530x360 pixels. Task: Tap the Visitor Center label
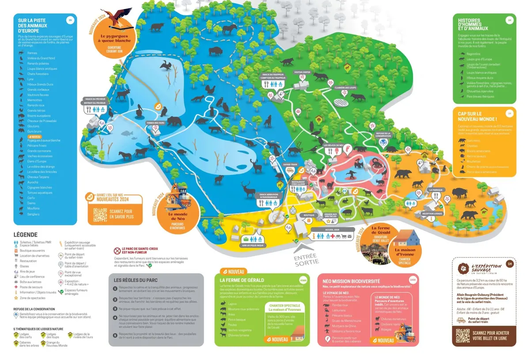[x=303, y=72]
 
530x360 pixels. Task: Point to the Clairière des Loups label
[x=347, y=87]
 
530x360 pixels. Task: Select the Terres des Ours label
[x=156, y=122]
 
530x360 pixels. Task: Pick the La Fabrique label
[x=435, y=189]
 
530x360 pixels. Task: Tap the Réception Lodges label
[x=432, y=213]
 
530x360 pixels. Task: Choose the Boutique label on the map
[x=308, y=215]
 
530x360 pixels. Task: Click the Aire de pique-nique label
[x=251, y=245]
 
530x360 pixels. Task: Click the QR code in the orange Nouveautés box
[x=100, y=215]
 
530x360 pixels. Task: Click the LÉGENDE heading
[x=26, y=235]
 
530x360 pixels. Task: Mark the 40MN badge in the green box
[x=303, y=280]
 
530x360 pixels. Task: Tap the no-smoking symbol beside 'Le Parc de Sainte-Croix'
[x=117, y=250]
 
